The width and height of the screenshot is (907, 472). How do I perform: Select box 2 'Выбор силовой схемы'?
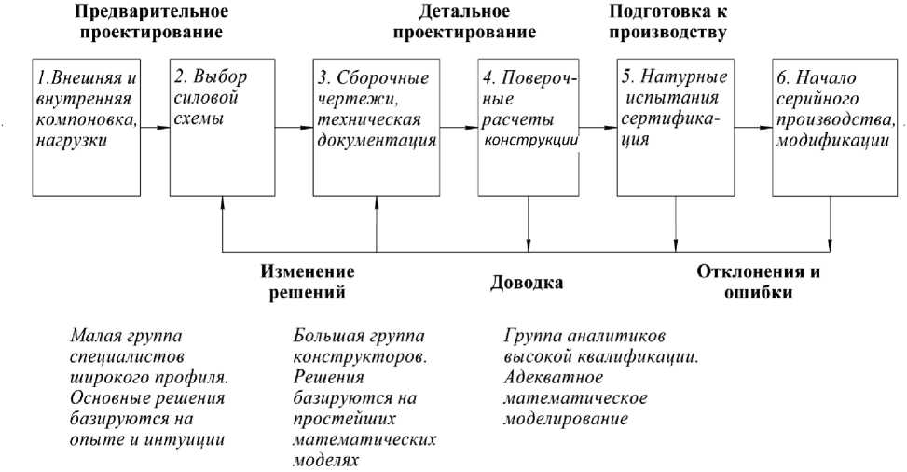pos(224,125)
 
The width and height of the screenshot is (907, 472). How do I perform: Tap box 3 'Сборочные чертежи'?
pos(377,125)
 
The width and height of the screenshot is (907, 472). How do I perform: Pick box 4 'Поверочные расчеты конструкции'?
pos(528,125)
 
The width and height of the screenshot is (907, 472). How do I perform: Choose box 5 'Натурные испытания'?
pos(675,125)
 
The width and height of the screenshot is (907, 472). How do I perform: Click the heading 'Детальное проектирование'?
pos(464,22)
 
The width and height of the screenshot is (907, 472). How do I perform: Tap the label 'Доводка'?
pos(527,283)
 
